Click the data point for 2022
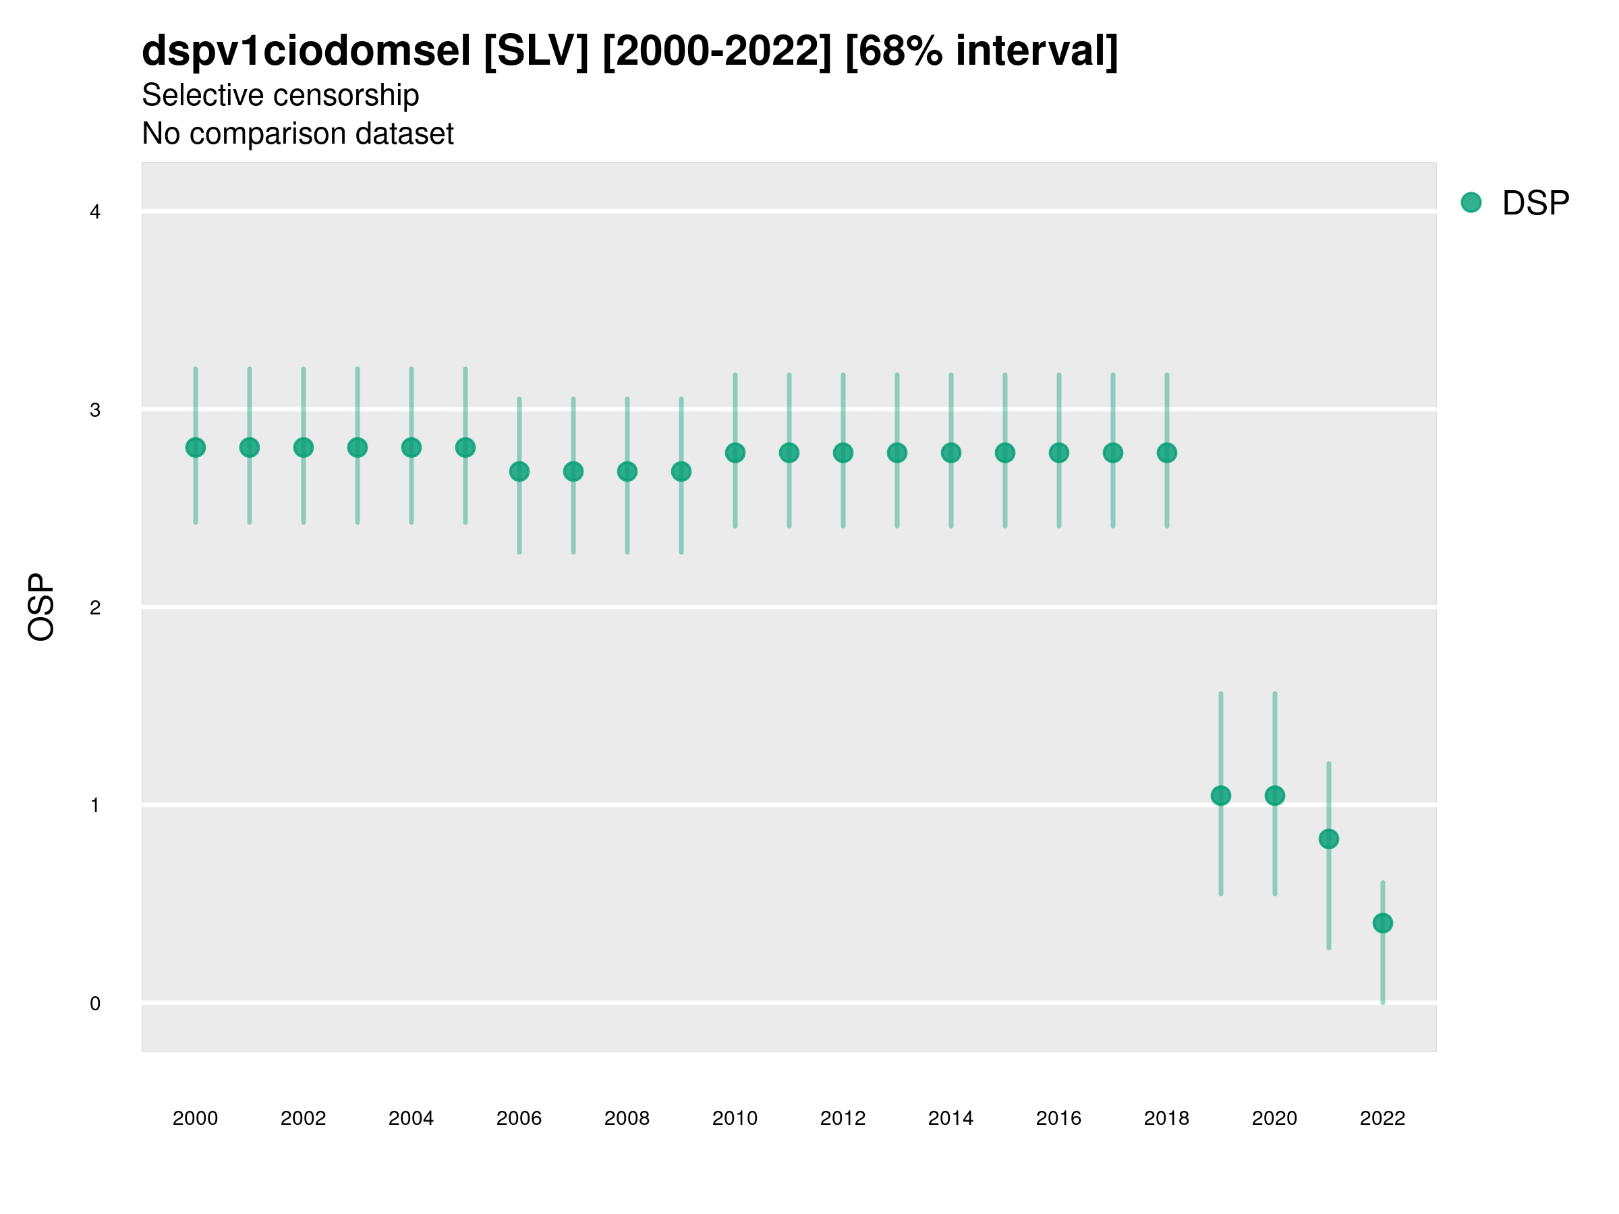point(1383,923)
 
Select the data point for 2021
point(1328,838)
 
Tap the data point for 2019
point(1221,795)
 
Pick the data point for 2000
point(196,447)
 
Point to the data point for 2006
point(519,471)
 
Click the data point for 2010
point(735,453)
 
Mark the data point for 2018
point(1166,453)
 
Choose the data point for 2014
point(950,453)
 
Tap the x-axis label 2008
point(627,1118)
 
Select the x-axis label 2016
point(1058,1118)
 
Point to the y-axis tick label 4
point(94,212)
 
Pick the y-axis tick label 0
point(94,1004)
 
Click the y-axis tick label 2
point(94,608)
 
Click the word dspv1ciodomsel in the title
point(306,51)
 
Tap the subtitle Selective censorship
point(281,95)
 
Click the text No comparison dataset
point(297,134)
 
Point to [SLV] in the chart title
point(536,51)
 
